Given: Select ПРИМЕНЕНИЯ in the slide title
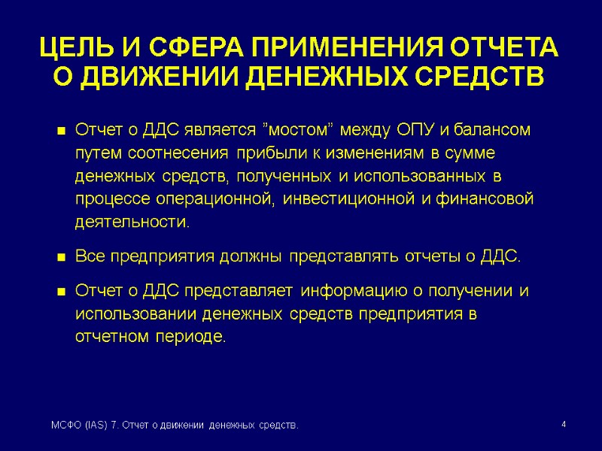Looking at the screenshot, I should pyautogui.click(x=346, y=49).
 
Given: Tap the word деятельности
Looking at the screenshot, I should pyautogui.click(x=132, y=223).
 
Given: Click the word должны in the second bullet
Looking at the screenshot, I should pyautogui.click(x=249, y=257).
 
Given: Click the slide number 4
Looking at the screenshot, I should pyautogui.click(x=564, y=426).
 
